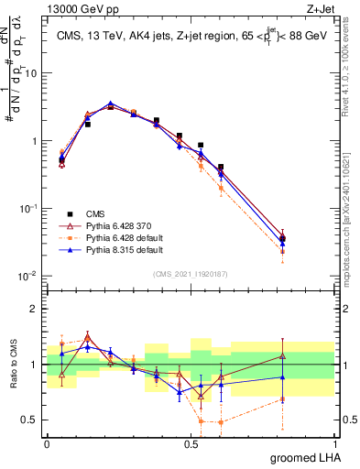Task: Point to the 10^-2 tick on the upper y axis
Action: click(x=28, y=276)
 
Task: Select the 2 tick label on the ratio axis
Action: click(x=36, y=309)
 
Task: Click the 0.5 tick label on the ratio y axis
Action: click(x=32, y=420)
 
